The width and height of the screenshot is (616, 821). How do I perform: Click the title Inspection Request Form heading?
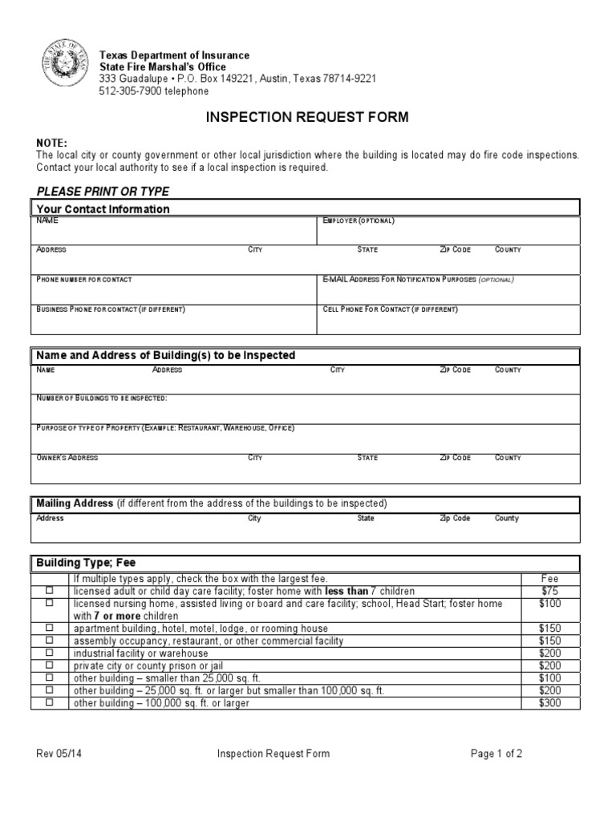point(308,117)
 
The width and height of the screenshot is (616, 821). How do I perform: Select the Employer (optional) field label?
point(358,220)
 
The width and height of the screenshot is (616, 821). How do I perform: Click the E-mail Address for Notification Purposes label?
point(417,280)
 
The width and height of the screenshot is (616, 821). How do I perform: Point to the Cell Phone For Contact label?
point(390,309)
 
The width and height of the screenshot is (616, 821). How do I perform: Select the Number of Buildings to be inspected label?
point(102,398)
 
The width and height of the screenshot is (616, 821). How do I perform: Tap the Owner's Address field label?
point(67,458)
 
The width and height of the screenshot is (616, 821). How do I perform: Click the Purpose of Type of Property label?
point(165,428)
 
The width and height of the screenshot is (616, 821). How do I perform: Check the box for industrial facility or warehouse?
point(50,653)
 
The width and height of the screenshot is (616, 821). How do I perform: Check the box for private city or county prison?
point(50,665)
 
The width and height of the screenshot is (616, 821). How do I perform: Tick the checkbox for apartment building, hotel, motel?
point(50,628)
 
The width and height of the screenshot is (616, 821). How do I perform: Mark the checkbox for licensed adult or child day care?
point(50,591)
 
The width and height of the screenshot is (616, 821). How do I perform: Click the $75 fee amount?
point(550,591)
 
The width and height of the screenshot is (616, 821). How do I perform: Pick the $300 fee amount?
point(550,703)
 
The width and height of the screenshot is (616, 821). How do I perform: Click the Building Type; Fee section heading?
point(91,563)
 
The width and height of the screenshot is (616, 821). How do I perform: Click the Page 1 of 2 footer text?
point(496,754)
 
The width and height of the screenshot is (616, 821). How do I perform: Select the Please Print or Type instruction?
point(103,191)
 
